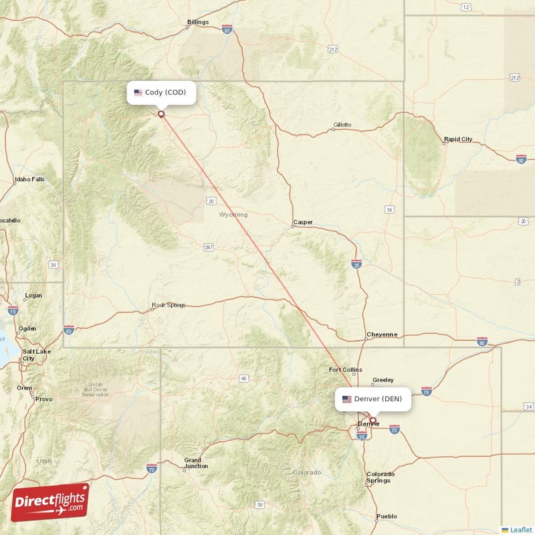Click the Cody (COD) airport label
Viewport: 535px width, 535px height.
pos(161,92)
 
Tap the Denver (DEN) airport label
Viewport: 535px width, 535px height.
pos(372,399)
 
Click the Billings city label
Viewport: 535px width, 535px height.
pos(198,22)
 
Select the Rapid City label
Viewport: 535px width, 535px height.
pos(458,140)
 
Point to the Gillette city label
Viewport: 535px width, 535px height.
pos(342,125)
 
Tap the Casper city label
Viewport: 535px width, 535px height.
pos(302,223)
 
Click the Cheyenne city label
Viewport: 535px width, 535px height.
pos(381,334)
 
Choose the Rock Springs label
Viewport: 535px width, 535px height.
pos(168,306)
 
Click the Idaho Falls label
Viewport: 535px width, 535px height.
pos(29,180)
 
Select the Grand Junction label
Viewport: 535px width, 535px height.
pos(196,463)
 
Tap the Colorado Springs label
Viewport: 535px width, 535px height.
pos(380,477)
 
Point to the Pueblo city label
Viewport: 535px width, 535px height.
pos(387,516)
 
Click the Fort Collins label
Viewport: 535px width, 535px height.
pos(345,370)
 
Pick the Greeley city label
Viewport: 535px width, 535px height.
pos(383,380)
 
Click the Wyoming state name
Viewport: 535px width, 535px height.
pos(233,215)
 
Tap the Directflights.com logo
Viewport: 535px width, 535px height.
pos(50,502)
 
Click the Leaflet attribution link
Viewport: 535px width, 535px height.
pos(520,529)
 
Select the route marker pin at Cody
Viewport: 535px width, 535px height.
pos(161,114)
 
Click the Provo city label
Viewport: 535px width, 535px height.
pos(44,399)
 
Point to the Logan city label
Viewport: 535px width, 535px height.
pos(33,296)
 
